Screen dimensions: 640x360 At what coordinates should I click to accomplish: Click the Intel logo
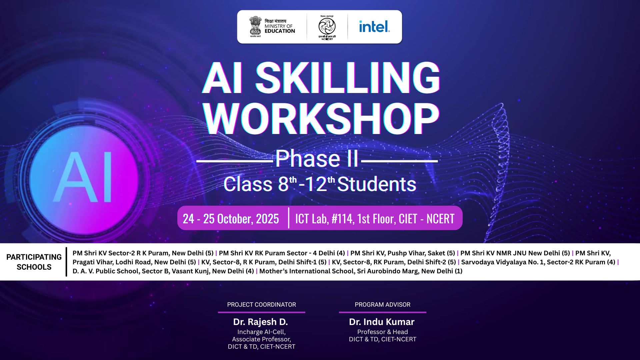pyautogui.click(x=374, y=26)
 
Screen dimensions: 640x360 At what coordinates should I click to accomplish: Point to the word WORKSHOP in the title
pyautogui.click(x=321, y=119)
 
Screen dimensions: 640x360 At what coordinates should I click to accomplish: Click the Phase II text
pyautogui.click(x=317, y=159)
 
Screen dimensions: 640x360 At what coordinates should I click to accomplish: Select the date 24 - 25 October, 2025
pyautogui.click(x=231, y=219)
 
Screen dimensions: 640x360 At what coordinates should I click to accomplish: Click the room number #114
pyautogui.click(x=343, y=219)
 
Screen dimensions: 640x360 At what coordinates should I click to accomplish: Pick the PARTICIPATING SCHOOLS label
pyautogui.click(x=34, y=262)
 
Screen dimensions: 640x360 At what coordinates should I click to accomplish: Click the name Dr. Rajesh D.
pyautogui.click(x=260, y=322)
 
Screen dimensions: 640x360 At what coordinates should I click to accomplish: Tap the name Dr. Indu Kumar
pyautogui.click(x=382, y=322)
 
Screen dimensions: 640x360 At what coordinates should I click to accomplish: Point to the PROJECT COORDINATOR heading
pyautogui.click(x=261, y=305)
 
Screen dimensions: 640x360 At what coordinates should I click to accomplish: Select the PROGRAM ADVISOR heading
pyautogui.click(x=382, y=305)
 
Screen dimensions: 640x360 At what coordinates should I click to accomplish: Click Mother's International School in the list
pyautogui.click(x=361, y=271)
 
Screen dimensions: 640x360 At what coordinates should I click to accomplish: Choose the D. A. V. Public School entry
pyautogui.click(x=163, y=271)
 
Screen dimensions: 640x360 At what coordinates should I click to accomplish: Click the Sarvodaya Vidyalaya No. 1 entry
pyautogui.click(x=538, y=262)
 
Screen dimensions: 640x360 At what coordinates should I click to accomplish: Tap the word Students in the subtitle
pyautogui.click(x=377, y=184)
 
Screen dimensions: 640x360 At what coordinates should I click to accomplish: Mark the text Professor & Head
pyautogui.click(x=382, y=332)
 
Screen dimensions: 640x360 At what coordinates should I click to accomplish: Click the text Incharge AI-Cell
pyautogui.click(x=261, y=332)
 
